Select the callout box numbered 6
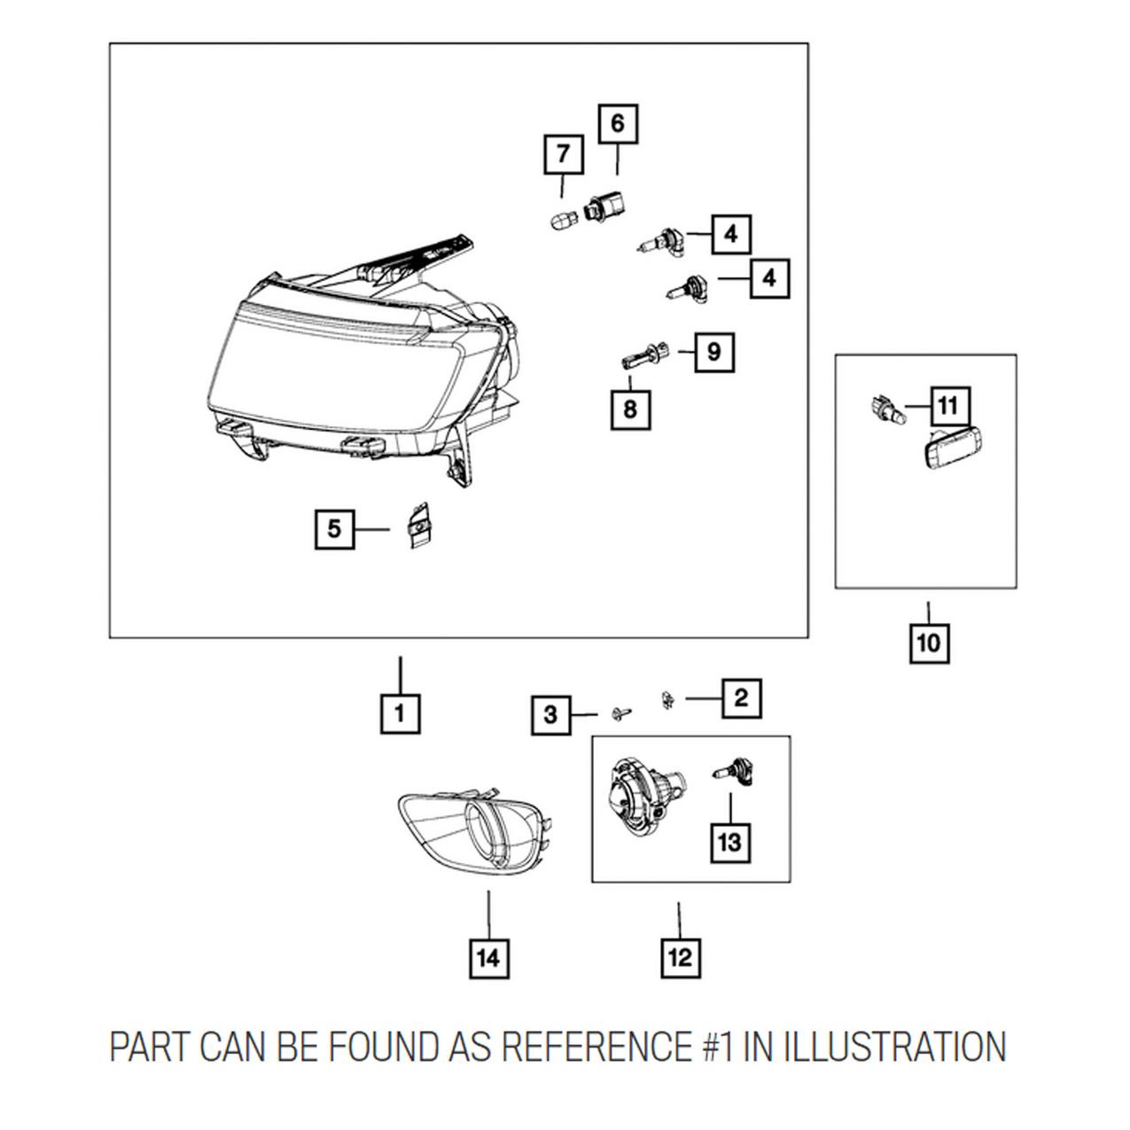pos(617,124)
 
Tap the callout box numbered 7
pos(563,155)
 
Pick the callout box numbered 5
pos(334,529)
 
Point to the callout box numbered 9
pos(714,352)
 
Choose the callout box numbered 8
pos(630,409)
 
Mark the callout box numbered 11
pos(947,407)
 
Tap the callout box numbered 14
pos(489,958)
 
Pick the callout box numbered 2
pos(741,698)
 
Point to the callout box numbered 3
pos(550,714)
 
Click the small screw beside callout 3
pos(620,712)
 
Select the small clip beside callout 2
pos(667,698)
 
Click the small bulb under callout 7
pos(561,217)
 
